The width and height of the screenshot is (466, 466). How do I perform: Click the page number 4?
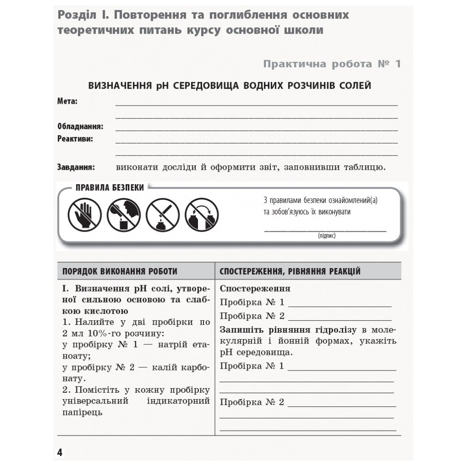(60, 452)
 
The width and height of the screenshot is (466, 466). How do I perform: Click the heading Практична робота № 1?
(332, 64)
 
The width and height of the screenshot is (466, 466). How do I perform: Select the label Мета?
(67, 101)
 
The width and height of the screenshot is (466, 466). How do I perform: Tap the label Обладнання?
(80, 127)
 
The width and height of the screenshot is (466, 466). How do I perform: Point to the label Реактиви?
(75, 139)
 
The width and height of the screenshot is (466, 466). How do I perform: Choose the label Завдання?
(76, 167)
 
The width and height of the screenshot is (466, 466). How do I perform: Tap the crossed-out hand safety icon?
(85, 215)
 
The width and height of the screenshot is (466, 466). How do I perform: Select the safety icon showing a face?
(123, 215)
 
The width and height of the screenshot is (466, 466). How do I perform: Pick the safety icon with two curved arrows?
(202, 215)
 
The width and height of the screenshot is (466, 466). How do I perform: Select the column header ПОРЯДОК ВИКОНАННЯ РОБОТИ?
(120, 272)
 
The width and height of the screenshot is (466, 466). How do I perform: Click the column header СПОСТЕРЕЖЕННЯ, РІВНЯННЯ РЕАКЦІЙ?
(290, 272)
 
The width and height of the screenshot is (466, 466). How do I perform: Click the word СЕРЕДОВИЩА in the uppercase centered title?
(201, 86)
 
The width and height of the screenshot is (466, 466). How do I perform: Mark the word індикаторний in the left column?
(178, 401)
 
